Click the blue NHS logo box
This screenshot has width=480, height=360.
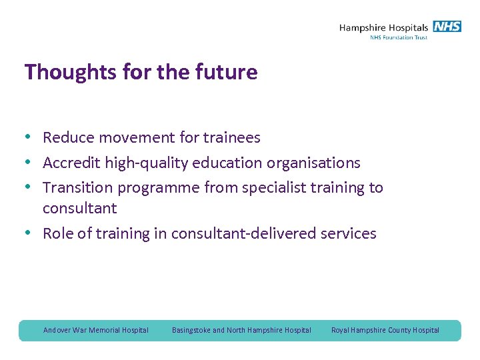pyautogui.click(x=447, y=27)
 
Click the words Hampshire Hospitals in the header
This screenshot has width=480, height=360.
pyautogui.click(x=383, y=27)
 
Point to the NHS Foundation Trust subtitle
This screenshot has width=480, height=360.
pyautogui.click(x=398, y=37)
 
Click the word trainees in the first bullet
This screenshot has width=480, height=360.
pyautogui.click(x=230, y=138)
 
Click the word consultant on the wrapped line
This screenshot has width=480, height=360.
pyautogui.click(x=79, y=209)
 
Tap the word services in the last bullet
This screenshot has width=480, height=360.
pyautogui.click(x=347, y=233)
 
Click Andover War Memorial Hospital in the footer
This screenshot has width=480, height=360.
pyautogui.click(x=96, y=330)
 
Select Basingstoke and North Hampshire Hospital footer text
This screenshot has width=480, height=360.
pyautogui.click(x=241, y=330)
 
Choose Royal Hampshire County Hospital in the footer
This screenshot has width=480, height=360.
pyautogui.click(x=385, y=330)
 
